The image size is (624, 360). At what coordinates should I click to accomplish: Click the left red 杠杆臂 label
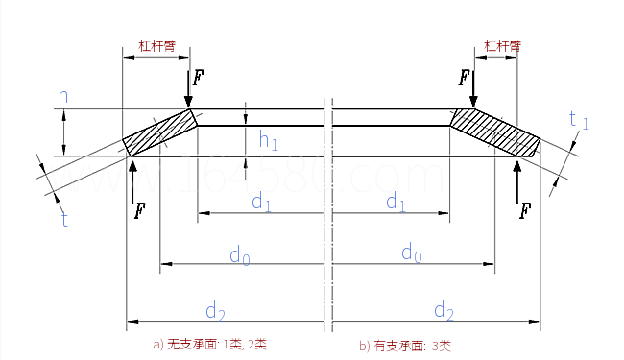point(156,45)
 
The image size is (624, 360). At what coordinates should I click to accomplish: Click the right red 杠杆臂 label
point(502,45)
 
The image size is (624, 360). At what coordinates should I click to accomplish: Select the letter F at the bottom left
point(141,209)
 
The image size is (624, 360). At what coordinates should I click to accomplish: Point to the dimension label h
point(63,94)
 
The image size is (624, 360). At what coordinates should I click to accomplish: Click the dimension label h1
point(268,141)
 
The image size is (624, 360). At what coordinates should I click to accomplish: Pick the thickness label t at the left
point(64,220)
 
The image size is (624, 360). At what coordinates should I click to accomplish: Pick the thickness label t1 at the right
point(578,120)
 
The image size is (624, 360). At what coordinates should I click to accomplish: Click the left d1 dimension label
point(261,202)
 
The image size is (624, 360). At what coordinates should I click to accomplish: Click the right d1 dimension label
point(396,202)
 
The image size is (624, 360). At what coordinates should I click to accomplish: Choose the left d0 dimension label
point(239,254)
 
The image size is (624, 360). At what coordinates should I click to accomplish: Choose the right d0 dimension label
point(411,254)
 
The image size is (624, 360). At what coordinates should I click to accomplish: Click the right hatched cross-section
point(495,132)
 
